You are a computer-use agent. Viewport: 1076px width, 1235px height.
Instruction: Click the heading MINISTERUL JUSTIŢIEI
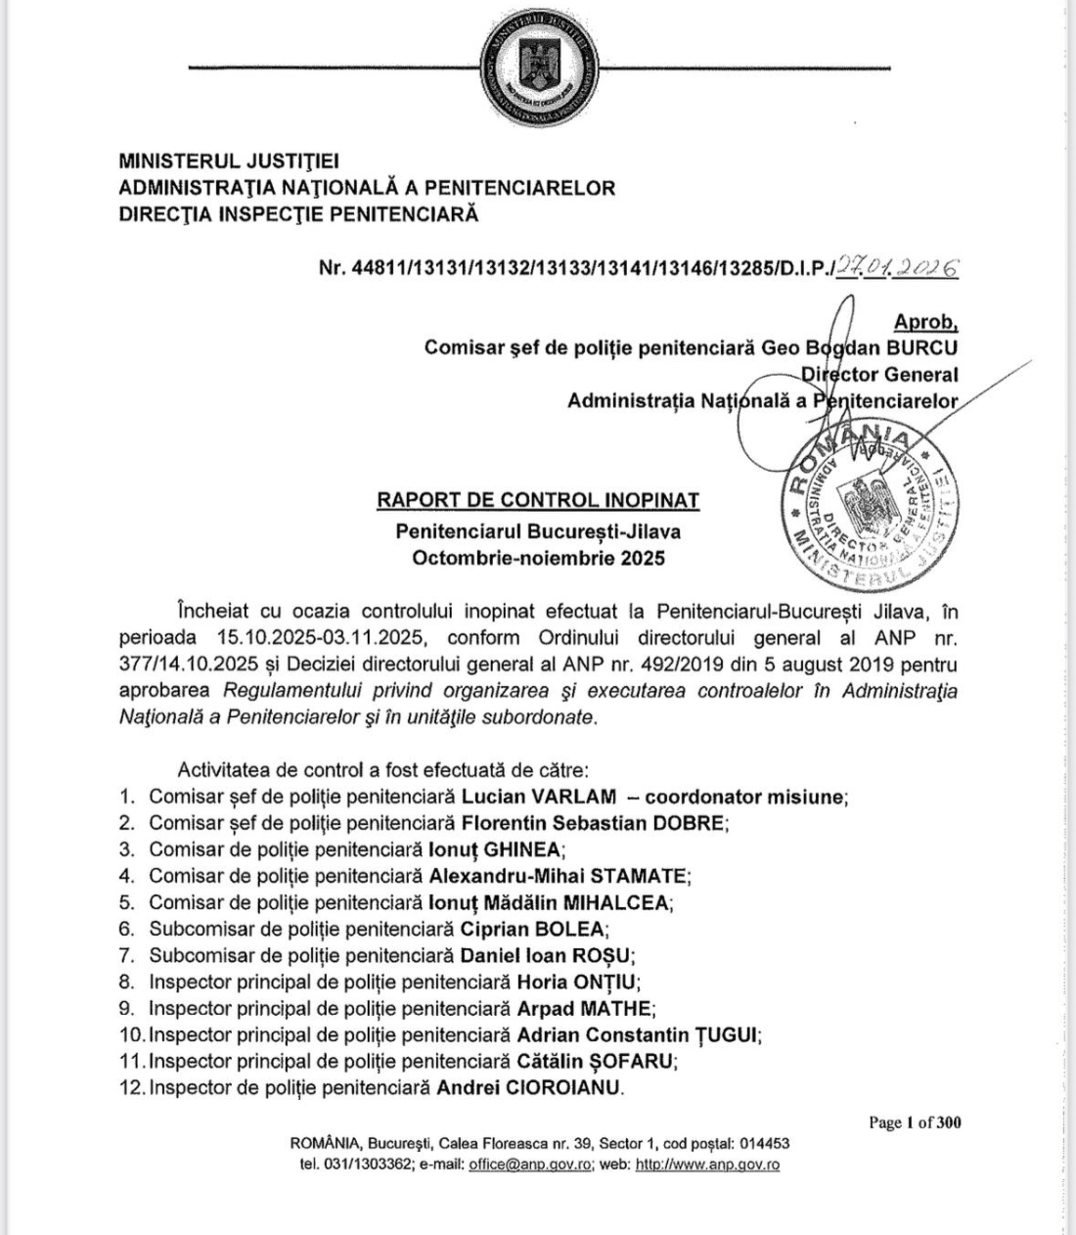click(229, 161)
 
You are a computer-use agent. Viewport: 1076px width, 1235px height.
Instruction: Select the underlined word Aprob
click(925, 322)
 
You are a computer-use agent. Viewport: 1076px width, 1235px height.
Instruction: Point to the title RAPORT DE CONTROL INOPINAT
click(538, 500)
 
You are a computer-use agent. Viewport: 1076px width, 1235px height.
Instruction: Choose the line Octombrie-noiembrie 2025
click(538, 558)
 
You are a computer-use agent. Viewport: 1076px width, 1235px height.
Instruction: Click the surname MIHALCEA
click(624, 902)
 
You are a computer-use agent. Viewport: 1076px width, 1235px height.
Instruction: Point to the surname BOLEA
click(568, 929)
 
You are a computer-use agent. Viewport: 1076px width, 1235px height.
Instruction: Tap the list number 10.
click(130, 1034)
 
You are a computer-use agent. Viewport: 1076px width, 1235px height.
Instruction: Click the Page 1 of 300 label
click(915, 1122)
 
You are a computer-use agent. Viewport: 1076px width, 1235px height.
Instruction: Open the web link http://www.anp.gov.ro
click(707, 1165)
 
